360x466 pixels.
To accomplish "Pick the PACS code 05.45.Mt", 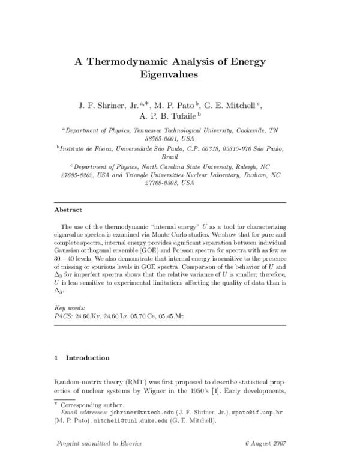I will point(188,314).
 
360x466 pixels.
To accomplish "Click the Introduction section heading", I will point(87,358).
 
